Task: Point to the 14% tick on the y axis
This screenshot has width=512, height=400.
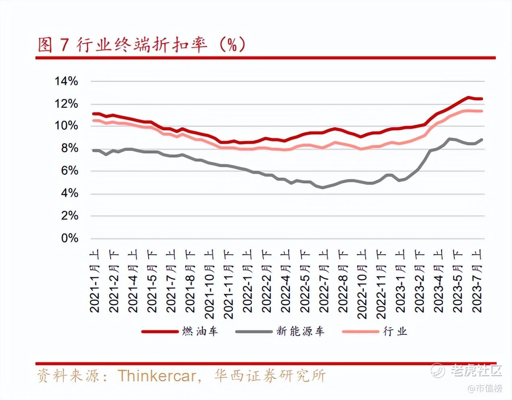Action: pos(66,81)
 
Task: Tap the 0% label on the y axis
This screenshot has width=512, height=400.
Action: pos(70,238)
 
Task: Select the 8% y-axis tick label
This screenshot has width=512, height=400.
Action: pos(70,148)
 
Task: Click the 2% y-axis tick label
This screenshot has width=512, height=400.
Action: pos(70,216)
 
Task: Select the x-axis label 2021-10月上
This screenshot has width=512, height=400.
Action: pos(209,284)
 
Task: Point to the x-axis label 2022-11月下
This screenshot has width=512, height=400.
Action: pos(382,284)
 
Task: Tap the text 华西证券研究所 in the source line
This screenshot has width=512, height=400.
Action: pos(270,376)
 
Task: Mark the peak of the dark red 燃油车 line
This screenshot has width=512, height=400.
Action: pos(468,97)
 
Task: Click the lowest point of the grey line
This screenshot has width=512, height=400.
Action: pos(323,187)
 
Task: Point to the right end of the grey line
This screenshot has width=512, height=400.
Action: pos(482,140)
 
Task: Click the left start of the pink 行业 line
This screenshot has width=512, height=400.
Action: pos(94,120)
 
